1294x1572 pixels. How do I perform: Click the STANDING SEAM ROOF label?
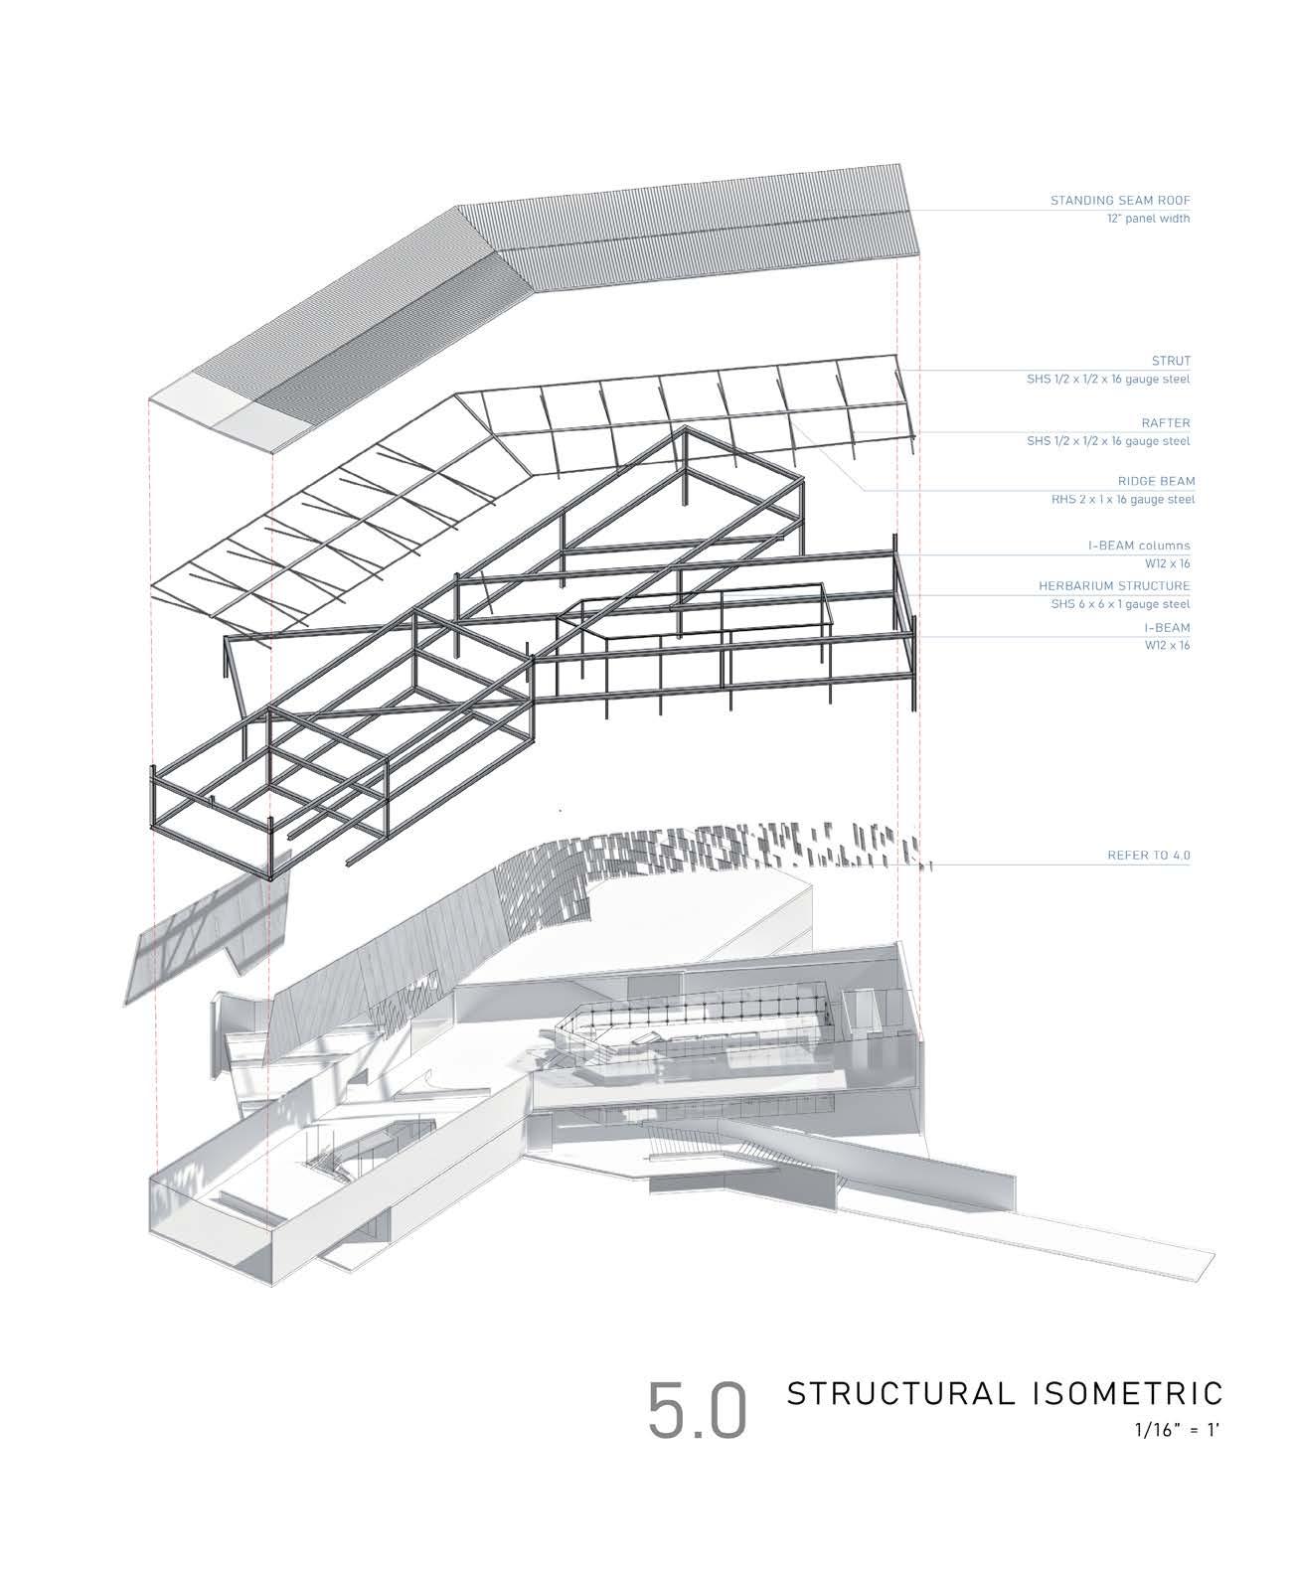point(1119,201)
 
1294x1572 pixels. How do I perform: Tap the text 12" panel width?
point(1150,219)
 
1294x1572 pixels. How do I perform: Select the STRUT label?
point(1171,361)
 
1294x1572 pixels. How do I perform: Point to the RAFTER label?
point(1166,423)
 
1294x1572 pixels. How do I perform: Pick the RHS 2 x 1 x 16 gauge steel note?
point(1110,500)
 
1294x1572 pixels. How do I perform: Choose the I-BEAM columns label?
point(1138,546)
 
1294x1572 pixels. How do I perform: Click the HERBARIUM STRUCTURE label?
point(1114,586)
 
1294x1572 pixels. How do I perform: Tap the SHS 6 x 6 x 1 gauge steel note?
point(1120,604)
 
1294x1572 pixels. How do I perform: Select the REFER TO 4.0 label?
point(1148,855)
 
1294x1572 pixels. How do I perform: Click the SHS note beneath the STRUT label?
point(1108,380)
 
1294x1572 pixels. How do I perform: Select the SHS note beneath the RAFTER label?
point(1108,441)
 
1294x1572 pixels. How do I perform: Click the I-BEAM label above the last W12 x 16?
point(1166,628)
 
